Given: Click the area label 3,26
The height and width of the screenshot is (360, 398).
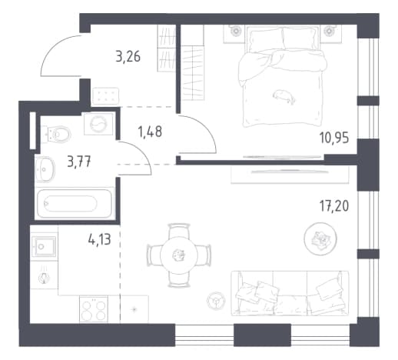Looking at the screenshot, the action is coord(128,57).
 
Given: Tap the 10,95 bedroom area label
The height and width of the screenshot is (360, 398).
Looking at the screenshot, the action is coord(334,138).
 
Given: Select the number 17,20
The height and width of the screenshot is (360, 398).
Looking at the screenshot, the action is coord(334,206).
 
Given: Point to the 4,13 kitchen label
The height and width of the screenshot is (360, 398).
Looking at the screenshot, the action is coord(99,240).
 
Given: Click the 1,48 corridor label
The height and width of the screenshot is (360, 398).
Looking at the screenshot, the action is coord(150,132).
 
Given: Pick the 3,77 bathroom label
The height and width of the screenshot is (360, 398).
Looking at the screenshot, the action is coord(79,162).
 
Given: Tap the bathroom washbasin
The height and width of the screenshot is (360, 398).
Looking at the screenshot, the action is coord(45,169).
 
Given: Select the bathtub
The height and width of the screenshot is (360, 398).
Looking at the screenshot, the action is coord(75,203).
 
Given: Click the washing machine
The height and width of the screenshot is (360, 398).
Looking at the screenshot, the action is coord(98,124).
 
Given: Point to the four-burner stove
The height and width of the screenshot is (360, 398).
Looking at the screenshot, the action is coord(94,309).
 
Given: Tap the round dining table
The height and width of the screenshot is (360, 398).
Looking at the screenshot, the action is coord(179,255).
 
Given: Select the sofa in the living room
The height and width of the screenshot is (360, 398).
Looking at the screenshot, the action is coord(290,293).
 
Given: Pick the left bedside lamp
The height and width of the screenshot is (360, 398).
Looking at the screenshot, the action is coord(235,31).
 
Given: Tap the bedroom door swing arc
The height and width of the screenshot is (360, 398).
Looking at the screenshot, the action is coord(205,127).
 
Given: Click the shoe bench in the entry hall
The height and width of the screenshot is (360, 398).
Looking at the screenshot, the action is coord(106,96).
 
